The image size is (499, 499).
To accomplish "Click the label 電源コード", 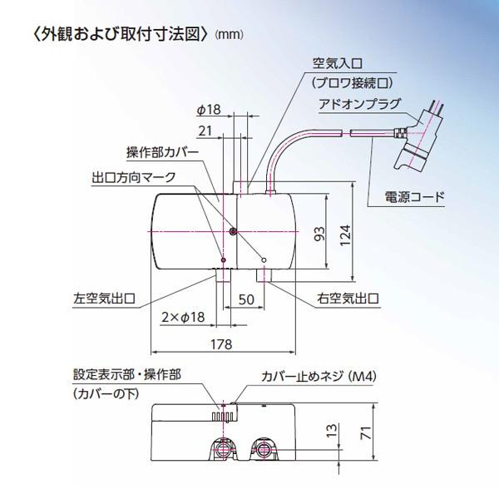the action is coord(414,198).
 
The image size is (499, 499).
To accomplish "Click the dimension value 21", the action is coord(205,130).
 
